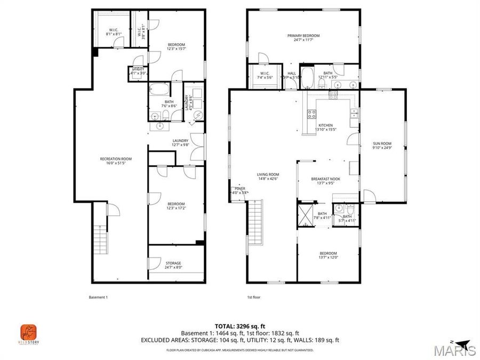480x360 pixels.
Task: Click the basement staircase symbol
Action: [100, 241]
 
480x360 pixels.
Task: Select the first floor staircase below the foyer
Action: [256, 219]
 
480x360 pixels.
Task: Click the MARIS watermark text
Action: [455, 350]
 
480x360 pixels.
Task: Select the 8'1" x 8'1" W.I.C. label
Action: [113, 31]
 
